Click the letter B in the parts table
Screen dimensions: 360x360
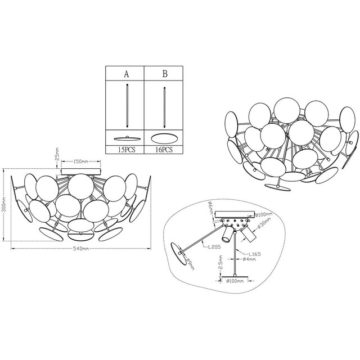[164, 74]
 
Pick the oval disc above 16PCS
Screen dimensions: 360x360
[164, 138]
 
